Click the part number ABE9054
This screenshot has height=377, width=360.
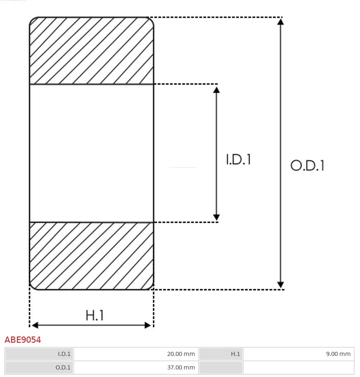23,340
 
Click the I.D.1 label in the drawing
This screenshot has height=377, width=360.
238,159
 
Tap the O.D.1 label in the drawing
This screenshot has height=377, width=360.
307,166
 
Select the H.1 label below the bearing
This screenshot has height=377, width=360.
95,315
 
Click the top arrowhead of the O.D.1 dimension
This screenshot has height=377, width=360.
281,21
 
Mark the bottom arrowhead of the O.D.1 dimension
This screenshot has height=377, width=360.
281,285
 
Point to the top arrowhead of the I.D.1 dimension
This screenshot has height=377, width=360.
216,88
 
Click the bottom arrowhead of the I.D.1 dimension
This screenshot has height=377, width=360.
216,217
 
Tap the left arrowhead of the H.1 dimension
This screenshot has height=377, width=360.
35,325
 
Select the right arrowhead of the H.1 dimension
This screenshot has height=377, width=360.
148,325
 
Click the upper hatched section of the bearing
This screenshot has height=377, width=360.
91,51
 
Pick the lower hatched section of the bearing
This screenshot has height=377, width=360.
91,256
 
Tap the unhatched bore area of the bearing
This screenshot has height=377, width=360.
91,153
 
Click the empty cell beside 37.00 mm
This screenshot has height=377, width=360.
298,368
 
